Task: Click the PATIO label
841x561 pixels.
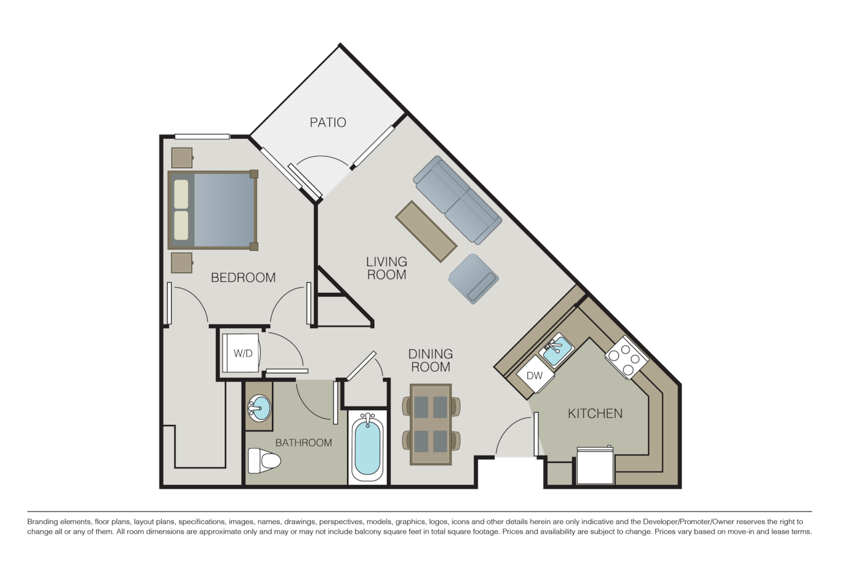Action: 328,122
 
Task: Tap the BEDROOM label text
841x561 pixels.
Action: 243,278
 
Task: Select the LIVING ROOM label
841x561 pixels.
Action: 387,268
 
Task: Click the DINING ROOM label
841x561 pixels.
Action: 430,361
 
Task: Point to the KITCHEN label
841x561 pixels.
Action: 595,414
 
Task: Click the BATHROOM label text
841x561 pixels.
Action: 303,443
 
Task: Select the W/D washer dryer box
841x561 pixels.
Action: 242,354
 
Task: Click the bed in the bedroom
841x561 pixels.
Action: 213,210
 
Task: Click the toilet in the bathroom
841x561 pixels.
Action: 263,461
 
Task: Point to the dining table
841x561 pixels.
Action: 430,424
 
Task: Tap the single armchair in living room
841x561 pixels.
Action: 474,279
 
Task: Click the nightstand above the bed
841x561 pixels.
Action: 182,157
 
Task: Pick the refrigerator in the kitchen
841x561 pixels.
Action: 595,466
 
